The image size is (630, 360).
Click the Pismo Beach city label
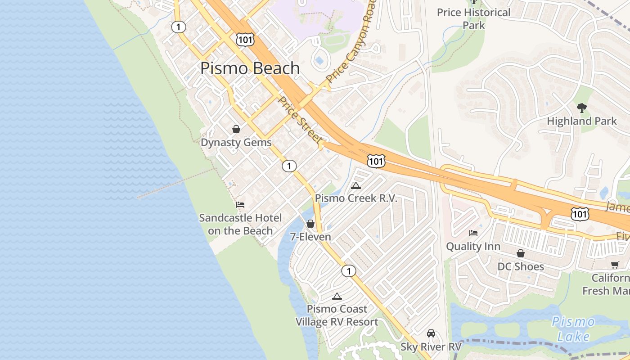pos(250,68)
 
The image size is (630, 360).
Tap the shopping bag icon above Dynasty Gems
pos(236,130)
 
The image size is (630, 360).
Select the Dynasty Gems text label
pos(236,143)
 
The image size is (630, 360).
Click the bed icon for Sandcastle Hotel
pos(240,205)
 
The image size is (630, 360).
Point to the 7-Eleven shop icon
pos(310,224)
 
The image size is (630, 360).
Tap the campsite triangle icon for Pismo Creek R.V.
pos(356,185)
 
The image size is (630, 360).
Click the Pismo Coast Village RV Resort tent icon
pos(337,296)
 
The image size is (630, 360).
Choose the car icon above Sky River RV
pos(431,333)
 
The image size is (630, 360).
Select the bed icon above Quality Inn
pos(473,233)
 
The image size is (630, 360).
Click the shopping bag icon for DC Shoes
pos(521,254)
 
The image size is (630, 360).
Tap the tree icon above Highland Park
pos(582,108)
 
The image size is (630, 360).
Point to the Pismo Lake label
pos(573,329)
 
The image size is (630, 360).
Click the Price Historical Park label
pos(474,18)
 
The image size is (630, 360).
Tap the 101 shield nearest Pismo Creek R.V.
pos(375,161)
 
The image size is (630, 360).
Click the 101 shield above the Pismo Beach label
pos(245,39)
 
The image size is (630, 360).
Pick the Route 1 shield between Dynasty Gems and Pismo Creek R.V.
pos(289,166)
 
